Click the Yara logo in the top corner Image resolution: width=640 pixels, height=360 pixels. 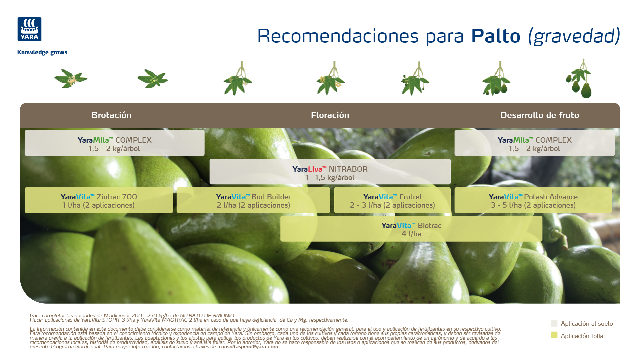29,29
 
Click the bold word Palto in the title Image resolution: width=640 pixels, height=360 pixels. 496,36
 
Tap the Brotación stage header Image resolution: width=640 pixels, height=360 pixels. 111,115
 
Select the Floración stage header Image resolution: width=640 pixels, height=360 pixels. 330,115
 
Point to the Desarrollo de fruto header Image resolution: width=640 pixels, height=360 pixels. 539,115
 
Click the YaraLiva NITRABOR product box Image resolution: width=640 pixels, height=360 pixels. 330,171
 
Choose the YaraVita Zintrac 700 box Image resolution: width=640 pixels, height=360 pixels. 99,200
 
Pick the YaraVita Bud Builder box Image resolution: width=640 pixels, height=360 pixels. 253,200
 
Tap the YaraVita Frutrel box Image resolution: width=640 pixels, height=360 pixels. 392,200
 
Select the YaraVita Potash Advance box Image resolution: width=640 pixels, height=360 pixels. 533,200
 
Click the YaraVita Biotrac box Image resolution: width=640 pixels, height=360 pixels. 411,229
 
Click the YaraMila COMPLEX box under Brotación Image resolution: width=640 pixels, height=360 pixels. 114,143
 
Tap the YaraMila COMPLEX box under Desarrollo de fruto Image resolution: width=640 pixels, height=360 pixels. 534,143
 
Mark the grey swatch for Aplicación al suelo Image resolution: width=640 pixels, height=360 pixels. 554,323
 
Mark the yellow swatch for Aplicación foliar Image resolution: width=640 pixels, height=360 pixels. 554,335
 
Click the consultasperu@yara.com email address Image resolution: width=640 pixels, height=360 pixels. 248,347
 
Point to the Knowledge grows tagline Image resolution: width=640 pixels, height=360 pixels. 42,52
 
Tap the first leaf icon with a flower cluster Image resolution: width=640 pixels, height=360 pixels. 71,79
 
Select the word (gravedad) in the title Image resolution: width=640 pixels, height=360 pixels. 574,36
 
